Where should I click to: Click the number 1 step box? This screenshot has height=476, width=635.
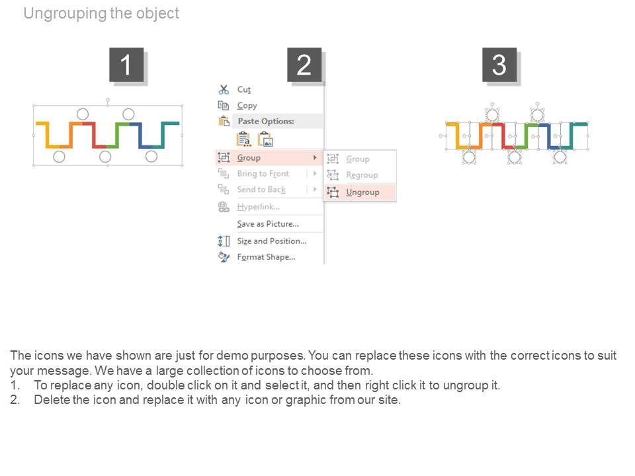[x=126, y=64]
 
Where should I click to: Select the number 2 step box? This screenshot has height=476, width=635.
[x=304, y=64]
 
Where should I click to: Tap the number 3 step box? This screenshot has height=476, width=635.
[x=499, y=64]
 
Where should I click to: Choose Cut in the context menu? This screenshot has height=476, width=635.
[x=244, y=89]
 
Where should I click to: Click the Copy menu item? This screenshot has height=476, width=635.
[x=247, y=106]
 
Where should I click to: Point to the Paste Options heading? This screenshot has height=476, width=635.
[x=266, y=121]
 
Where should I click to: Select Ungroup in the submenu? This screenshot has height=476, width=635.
[x=362, y=192]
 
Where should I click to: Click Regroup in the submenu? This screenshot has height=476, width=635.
[x=362, y=175]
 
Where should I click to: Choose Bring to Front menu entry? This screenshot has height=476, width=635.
[x=263, y=174]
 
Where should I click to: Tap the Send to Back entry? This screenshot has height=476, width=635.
[x=261, y=190]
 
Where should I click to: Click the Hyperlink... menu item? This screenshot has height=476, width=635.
[x=259, y=207]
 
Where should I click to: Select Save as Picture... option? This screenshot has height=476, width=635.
[x=268, y=224]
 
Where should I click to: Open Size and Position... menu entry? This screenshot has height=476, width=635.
[x=272, y=241]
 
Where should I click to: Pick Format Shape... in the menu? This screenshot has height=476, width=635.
[x=266, y=257]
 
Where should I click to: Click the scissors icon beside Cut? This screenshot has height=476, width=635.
[x=224, y=89]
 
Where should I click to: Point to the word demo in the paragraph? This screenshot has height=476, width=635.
[x=232, y=356]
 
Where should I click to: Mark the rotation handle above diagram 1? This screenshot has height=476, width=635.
[x=108, y=100]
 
